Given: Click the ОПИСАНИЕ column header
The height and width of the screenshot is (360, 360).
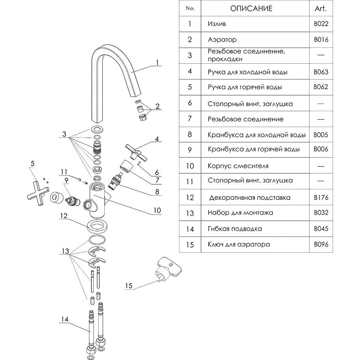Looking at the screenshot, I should (x=251, y=8).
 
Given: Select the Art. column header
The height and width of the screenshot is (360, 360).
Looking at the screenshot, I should (x=320, y=8).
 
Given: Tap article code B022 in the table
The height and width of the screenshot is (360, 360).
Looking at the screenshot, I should (x=321, y=24).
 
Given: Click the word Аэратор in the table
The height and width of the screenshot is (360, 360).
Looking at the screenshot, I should (x=222, y=39).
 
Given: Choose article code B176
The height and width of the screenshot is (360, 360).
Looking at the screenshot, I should (x=321, y=197).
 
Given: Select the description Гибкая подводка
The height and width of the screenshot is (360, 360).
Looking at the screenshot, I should (x=235, y=229).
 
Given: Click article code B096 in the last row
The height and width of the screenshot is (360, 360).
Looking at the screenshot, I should (x=321, y=245).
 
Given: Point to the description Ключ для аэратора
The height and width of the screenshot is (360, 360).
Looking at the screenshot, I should (x=239, y=245).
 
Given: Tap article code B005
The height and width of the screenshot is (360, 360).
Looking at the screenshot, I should (x=321, y=135).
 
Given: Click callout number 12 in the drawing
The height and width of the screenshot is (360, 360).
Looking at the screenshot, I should (x=63, y=215).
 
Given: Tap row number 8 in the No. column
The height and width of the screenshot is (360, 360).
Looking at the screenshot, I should (x=190, y=135).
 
